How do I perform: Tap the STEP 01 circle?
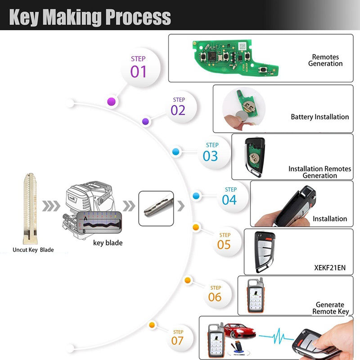pyautogui.click(x=139, y=66)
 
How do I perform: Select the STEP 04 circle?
pyautogui.click(x=229, y=196)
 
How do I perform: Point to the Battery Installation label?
pyautogui.click(x=319, y=117)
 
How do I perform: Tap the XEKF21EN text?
pyautogui.click(x=329, y=267)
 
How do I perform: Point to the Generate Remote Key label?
pyautogui.click(x=329, y=308)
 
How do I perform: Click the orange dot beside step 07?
pyautogui.click(x=152, y=324)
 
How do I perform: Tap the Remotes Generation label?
pyautogui.click(x=325, y=60)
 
